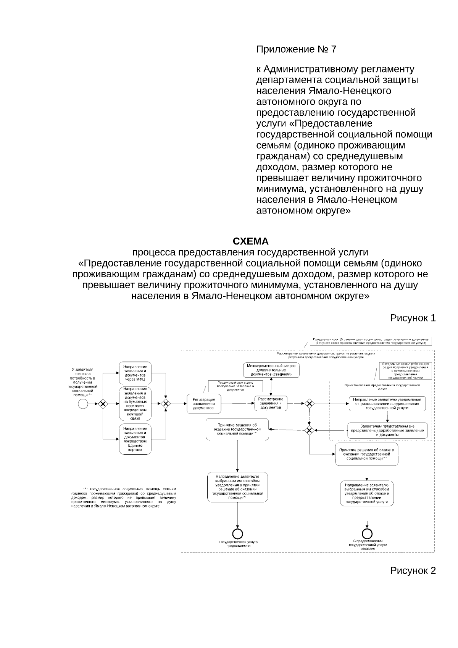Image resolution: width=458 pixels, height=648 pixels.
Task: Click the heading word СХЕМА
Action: [250, 242]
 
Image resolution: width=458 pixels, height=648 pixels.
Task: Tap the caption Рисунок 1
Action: [413, 318]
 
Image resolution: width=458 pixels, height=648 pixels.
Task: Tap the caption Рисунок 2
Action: [413, 570]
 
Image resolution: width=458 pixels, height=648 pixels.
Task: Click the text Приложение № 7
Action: [296, 49]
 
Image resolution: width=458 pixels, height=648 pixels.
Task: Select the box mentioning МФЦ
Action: [135, 373]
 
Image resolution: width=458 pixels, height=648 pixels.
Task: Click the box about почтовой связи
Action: [135, 404]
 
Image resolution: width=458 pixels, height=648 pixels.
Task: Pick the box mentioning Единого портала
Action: [135, 439]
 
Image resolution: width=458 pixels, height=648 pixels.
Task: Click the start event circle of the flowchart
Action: [83, 404]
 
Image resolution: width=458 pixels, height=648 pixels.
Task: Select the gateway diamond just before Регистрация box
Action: [165, 404]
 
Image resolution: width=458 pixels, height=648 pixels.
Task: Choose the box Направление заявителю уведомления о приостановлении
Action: [387, 404]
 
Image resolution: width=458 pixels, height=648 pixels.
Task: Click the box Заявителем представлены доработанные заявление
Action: [387, 430]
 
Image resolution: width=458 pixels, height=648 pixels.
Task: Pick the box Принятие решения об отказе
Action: [366, 454]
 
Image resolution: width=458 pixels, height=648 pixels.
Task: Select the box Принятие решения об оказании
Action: [237, 430]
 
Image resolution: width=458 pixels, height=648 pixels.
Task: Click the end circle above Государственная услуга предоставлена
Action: [238, 534]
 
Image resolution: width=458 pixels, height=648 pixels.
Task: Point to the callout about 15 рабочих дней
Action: [371, 341]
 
